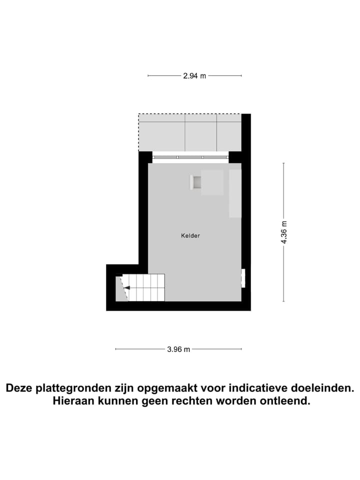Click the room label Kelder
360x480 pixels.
[190, 235]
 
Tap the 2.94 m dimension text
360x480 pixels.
[194, 76]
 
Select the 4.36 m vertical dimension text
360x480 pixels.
[284, 232]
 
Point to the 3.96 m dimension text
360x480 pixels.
[178, 349]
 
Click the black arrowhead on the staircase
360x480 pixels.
[127, 287]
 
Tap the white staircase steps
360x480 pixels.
[147, 287]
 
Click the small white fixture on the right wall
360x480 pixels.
[243, 278]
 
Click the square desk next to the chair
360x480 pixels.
[212, 182]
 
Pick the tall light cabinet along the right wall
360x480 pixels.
[235, 193]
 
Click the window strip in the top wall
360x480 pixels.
[190, 157]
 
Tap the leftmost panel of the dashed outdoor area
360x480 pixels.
[162, 132]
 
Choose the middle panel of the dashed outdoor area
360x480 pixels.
[200, 132]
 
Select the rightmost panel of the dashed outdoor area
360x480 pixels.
[229, 132]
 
